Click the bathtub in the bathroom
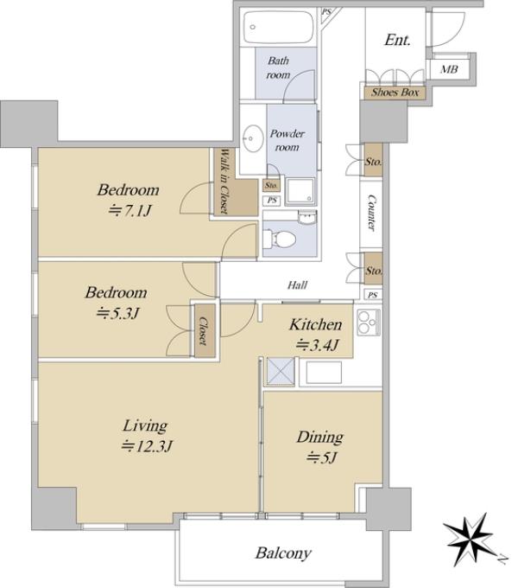click(x=279, y=27)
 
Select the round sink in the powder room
click(x=253, y=138)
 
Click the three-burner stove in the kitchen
click(x=369, y=323)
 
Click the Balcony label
click(x=283, y=553)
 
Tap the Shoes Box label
click(x=395, y=93)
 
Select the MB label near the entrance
click(x=449, y=69)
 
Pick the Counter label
click(x=371, y=212)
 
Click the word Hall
click(x=298, y=285)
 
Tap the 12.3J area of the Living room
click(x=147, y=446)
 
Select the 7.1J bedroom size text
click(x=129, y=211)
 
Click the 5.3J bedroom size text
click(x=117, y=313)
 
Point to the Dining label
click(x=320, y=438)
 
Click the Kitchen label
click(x=315, y=325)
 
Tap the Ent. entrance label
click(x=397, y=40)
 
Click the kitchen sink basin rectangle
click(x=324, y=373)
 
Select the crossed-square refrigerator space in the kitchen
click(x=281, y=371)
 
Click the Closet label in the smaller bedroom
click(x=203, y=331)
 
